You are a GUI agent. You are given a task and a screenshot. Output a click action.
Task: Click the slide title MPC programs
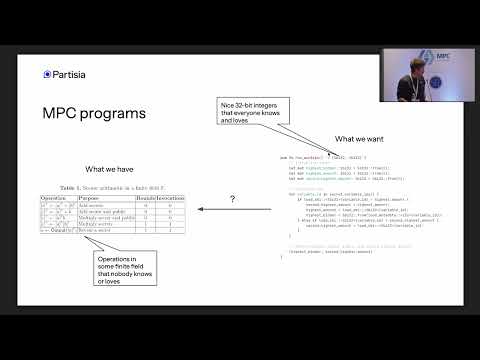pos(94,113)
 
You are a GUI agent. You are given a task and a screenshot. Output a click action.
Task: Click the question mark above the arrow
pos(232,199)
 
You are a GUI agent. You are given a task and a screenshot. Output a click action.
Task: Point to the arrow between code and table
pos(231,211)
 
